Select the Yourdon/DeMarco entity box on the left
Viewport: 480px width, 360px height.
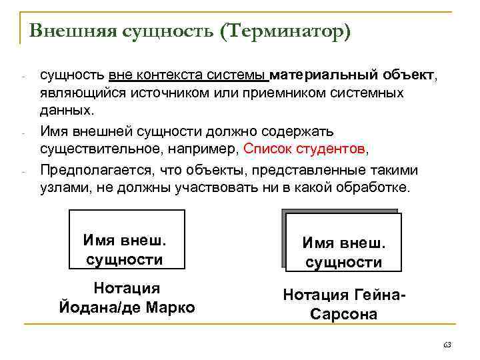(x=127, y=239)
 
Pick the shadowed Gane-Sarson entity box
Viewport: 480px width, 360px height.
(x=343, y=241)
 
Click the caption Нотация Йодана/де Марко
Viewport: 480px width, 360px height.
(x=127, y=298)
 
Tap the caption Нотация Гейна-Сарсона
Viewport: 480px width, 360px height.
(x=343, y=303)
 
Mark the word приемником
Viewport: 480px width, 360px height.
(x=257, y=91)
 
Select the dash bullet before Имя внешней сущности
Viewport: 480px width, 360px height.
(x=23, y=132)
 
